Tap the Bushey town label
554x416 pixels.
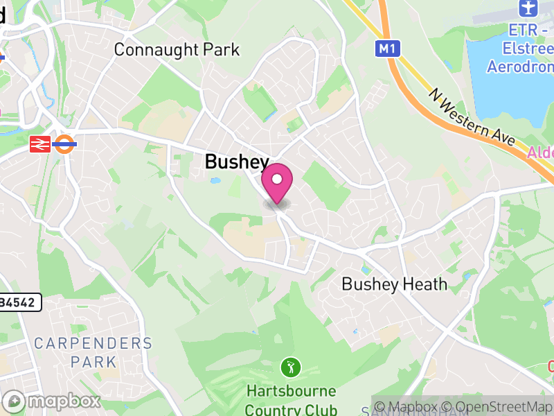(x=237, y=162)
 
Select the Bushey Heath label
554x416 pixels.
(x=395, y=284)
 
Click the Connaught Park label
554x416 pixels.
(x=177, y=50)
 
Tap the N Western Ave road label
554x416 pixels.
(x=472, y=116)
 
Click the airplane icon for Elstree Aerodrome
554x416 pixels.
(x=527, y=9)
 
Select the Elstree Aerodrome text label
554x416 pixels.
(x=521, y=49)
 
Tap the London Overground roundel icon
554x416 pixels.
(x=64, y=144)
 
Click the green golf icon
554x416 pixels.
(x=290, y=365)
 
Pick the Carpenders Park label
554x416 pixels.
(x=93, y=352)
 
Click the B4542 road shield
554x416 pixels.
(x=20, y=302)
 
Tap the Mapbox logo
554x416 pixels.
(x=52, y=401)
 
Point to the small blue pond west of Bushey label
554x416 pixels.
(x=215, y=181)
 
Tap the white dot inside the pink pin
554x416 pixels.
(x=277, y=178)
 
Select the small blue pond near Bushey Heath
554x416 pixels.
(x=365, y=270)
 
